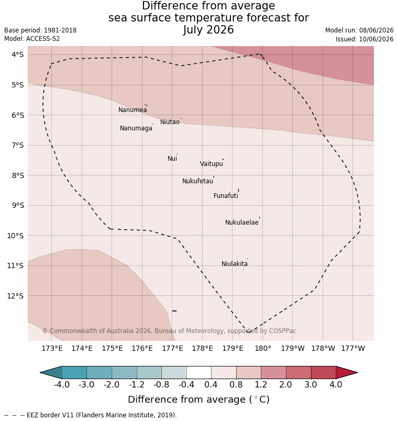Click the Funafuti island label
point(226,196)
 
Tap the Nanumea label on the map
point(133,110)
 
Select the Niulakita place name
point(235,264)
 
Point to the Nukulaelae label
point(242,223)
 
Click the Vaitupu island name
point(212,164)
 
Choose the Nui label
point(172,159)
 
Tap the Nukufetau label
point(197,181)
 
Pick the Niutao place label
point(170,122)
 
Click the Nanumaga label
point(136,128)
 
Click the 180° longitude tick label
point(263,349)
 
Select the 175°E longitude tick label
point(112,349)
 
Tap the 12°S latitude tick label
point(16,296)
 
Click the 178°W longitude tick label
point(323,349)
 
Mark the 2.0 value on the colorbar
point(285,385)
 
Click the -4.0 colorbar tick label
point(62,385)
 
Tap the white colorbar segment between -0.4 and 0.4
point(199,373)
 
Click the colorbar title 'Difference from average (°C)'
point(199,400)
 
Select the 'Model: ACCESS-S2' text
point(32,39)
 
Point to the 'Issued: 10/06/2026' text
point(365,39)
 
